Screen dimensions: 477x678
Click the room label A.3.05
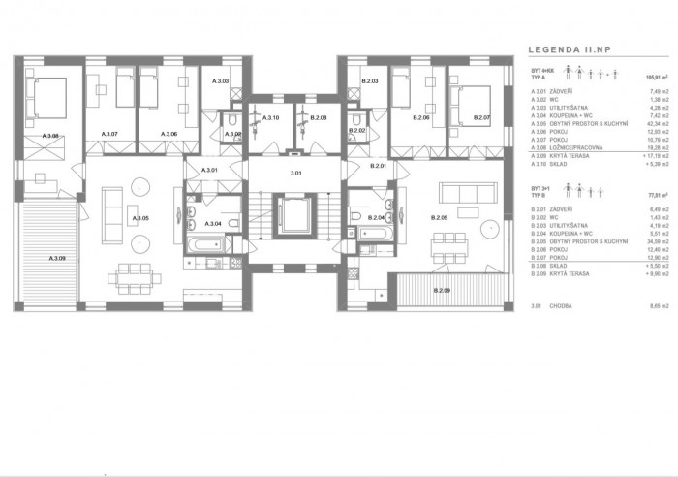click(x=141, y=219)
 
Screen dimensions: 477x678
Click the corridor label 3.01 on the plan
click(x=296, y=173)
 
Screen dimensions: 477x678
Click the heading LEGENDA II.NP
click(x=568, y=48)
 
